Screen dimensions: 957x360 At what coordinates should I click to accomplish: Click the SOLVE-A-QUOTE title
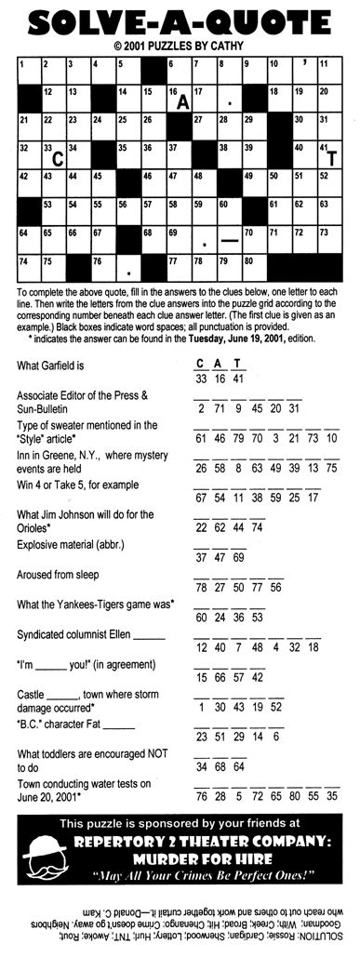pos(180,20)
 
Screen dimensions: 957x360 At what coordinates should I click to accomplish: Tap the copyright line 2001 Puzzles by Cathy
pos(180,44)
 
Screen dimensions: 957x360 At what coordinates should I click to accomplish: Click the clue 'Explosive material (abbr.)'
pos(69,543)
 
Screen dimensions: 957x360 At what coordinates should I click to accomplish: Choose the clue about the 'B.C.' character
pos(76,724)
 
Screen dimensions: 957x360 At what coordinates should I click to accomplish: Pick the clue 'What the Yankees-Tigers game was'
pos(96,605)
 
